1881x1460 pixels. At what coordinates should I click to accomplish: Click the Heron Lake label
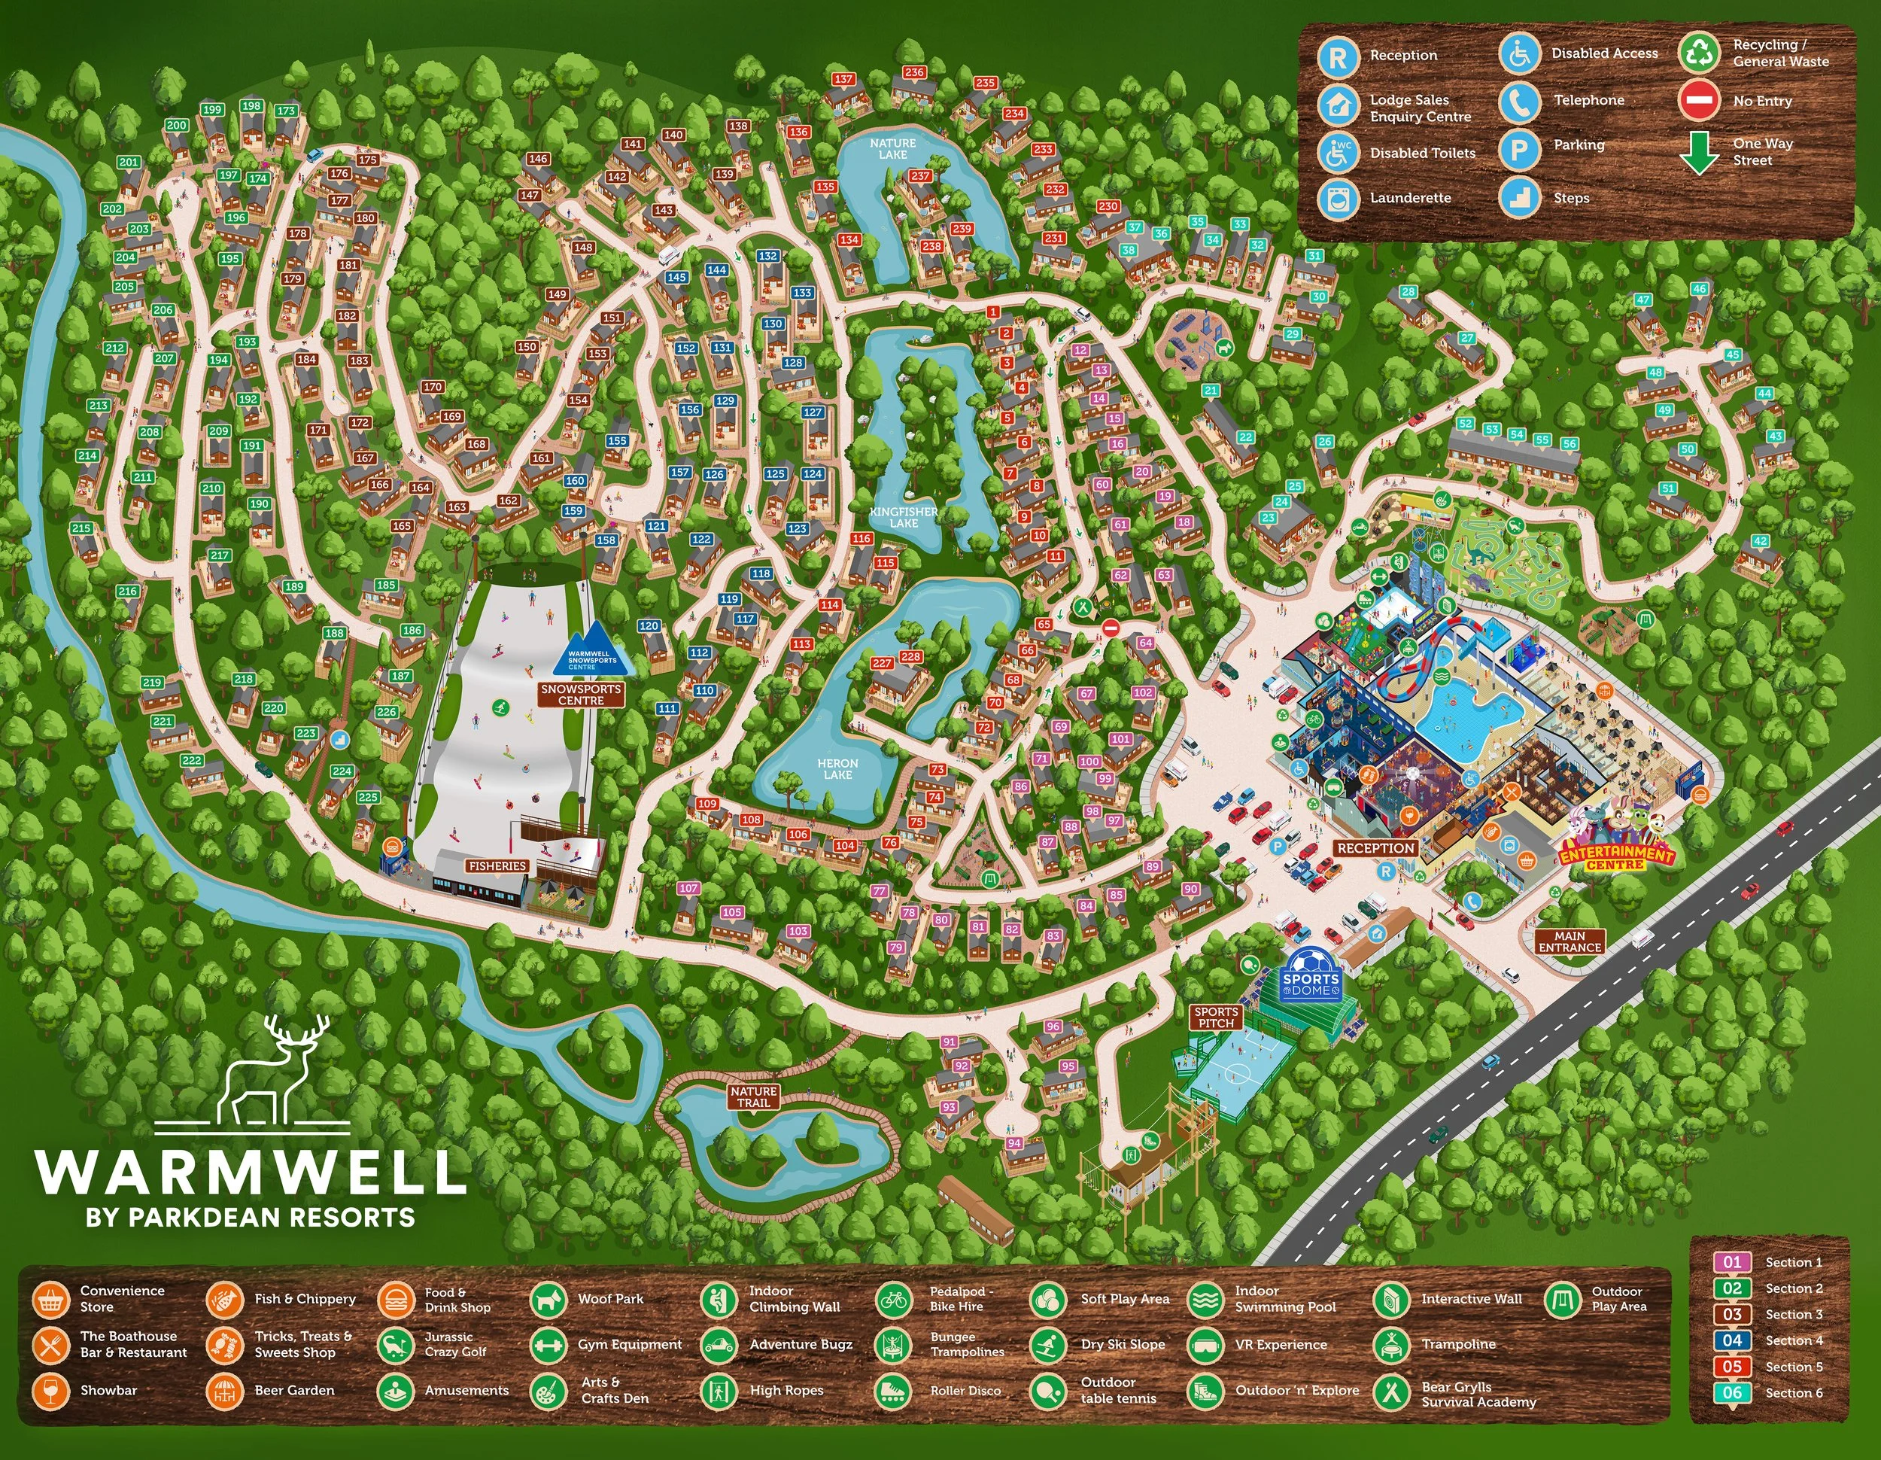click(x=837, y=768)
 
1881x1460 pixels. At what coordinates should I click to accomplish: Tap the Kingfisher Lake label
click(x=904, y=517)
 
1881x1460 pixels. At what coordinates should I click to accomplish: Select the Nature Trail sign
click(x=754, y=1097)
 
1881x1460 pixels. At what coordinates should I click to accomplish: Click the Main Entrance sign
click(x=1570, y=941)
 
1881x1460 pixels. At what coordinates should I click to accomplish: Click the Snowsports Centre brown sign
click(x=582, y=695)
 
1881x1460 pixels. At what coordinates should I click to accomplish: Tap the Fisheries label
click(x=497, y=865)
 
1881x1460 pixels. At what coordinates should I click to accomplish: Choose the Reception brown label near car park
click(x=1375, y=848)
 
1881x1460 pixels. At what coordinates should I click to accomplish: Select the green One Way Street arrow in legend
click(x=1699, y=154)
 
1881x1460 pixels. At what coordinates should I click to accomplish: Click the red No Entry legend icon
click(x=1699, y=101)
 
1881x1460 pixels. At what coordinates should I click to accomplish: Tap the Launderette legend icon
click(x=1338, y=198)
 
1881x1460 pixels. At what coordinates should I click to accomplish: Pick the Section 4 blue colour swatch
click(x=1732, y=1340)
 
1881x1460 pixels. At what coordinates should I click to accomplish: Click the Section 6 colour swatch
click(x=1732, y=1393)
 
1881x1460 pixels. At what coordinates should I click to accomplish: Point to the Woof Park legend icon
click(x=548, y=1299)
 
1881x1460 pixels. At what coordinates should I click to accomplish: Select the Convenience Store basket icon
click(x=51, y=1299)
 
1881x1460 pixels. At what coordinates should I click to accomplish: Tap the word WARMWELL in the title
click(x=251, y=1172)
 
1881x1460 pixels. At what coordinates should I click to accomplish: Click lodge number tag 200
click(x=177, y=125)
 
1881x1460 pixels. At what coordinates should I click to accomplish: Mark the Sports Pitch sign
click(x=1216, y=1017)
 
